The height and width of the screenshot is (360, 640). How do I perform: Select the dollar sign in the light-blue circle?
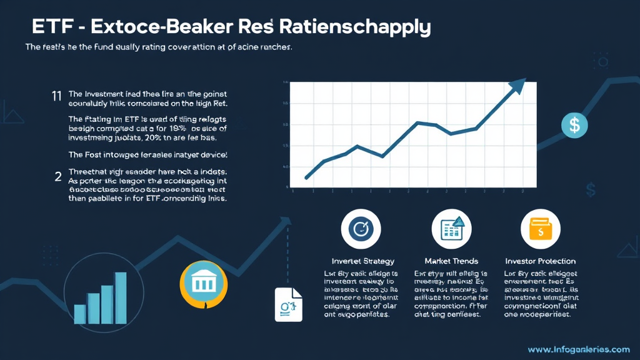pyautogui.click(x=574, y=125)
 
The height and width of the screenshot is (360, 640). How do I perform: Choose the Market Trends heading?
pyautogui.click(x=451, y=261)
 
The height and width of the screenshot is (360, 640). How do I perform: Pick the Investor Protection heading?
pyautogui.click(x=540, y=261)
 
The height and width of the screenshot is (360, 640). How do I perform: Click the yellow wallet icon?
pyautogui.click(x=540, y=229)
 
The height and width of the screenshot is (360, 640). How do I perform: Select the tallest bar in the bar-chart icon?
pyautogui.click(x=121, y=297)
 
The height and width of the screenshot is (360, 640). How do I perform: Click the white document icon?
pyautogui.click(x=288, y=304)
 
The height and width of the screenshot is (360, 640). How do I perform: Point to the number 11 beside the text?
pyautogui.click(x=56, y=95)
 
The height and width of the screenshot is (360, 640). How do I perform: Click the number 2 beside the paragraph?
pyautogui.click(x=57, y=176)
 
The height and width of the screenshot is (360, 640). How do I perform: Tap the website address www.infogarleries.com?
pyautogui.click(x=578, y=349)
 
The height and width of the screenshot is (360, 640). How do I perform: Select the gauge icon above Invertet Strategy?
pyautogui.click(x=361, y=229)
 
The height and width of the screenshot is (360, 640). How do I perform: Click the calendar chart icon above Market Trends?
pyautogui.click(x=451, y=229)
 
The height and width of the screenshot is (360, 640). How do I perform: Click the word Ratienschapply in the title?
pyautogui.click(x=356, y=27)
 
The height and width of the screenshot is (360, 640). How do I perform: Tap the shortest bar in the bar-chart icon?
pyautogui.click(x=80, y=313)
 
